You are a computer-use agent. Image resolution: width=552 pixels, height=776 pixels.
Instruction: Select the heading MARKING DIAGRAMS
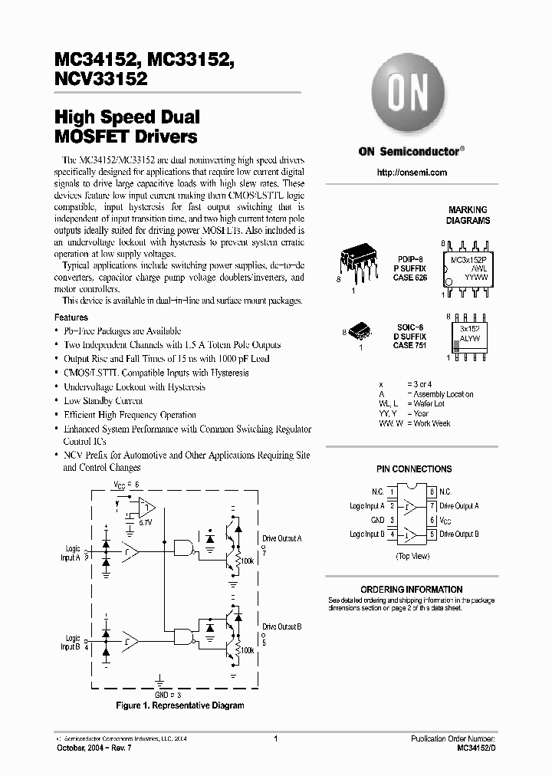pos(468,215)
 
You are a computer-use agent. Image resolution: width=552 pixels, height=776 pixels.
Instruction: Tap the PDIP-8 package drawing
pos(358,265)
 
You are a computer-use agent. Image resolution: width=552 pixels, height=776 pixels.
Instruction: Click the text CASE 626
pos(410,278)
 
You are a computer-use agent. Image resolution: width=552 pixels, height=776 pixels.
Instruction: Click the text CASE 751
pos(410,345)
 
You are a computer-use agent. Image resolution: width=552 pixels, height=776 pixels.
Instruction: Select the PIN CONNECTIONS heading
pos(414,469)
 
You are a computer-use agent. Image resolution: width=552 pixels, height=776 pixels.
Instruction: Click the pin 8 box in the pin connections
pos(432,492)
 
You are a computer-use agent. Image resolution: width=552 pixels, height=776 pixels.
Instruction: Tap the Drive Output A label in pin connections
pos(459,506)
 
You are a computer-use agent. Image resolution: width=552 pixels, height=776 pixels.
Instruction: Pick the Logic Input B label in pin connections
pos(366,534)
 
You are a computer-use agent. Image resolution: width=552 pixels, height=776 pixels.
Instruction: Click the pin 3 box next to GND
pos(392,520)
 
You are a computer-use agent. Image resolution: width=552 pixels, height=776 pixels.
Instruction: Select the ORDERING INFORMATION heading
pos(412,590)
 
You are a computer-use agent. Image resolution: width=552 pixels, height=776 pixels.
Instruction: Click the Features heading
pos(71,317)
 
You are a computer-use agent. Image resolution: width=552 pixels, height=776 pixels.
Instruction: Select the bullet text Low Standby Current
pos(103,401)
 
